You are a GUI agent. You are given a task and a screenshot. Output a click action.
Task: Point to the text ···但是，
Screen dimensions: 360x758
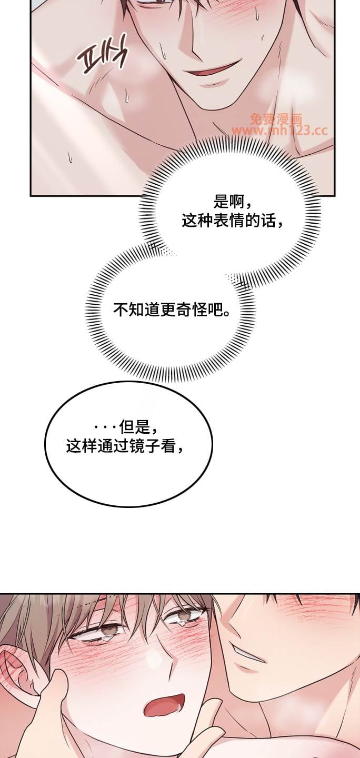click(126, 427)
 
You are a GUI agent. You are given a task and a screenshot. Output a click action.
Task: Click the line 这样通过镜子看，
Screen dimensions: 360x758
click(126, 446)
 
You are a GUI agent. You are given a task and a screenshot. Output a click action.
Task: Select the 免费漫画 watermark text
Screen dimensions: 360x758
click(276, 119)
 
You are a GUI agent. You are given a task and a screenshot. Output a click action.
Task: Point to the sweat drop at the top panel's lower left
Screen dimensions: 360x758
click(70, 156)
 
